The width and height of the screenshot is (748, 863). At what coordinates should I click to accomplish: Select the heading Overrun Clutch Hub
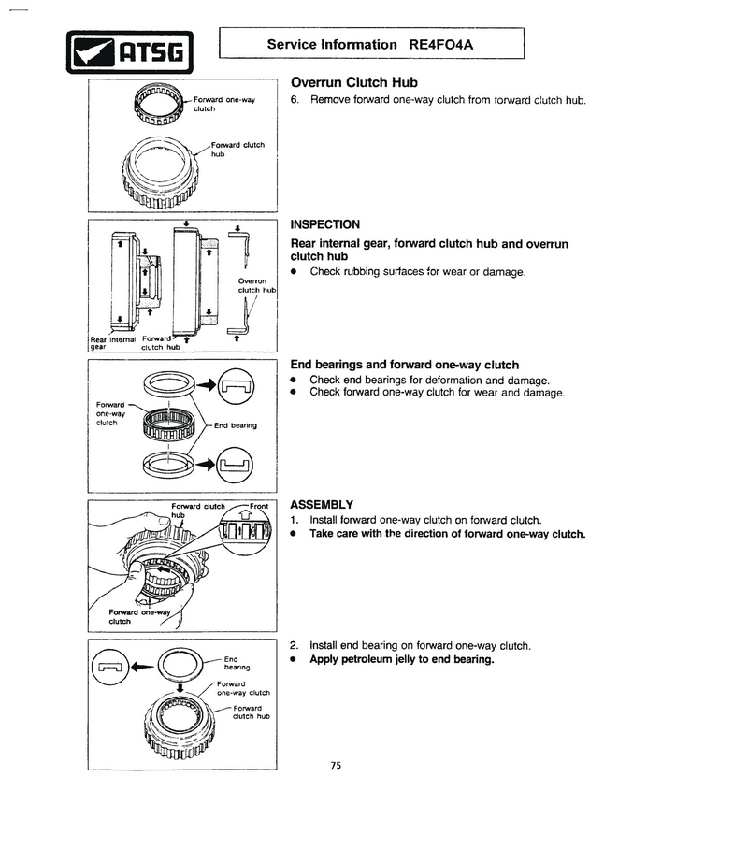[347, 82]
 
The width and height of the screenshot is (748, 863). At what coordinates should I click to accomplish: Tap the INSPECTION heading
[324, 224]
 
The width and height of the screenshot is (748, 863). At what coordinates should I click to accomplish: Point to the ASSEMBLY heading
[321, 503]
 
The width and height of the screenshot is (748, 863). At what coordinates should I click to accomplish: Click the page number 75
[336, 766]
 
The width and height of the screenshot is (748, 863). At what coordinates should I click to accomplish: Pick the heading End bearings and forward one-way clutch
[404, 365]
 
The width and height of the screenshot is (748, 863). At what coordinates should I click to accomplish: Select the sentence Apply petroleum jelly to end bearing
[401, 660]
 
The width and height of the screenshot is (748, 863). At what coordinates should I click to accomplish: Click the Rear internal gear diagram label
[110, 343]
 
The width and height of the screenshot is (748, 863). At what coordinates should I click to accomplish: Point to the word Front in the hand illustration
[259, 506]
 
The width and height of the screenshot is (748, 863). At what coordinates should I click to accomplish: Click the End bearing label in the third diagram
[235, 425]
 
